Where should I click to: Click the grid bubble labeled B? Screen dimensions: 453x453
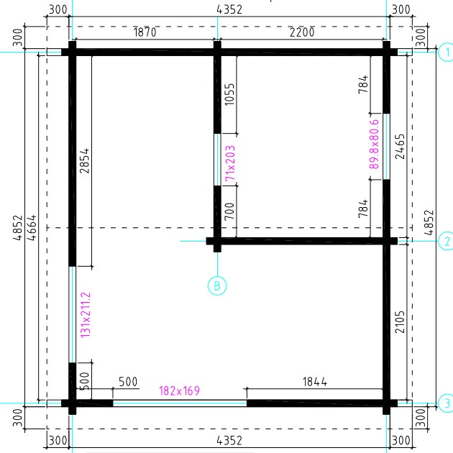pyautogui.click(x=217, y=285)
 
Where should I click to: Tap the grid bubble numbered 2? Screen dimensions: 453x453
pyautogui.click(x=447, y=241)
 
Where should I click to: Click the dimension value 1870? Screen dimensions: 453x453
pyautogui.click(x=145, y=32)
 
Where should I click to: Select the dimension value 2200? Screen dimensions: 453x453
pyautogui.click(x=302, y=32)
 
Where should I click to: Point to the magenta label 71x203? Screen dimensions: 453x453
pyautogui.click(x=230, y=163)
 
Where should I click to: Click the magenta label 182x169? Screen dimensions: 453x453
pyautogui.click(x=180, y=390)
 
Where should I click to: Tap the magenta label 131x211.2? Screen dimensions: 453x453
pyautogui.click(x=86, y=315)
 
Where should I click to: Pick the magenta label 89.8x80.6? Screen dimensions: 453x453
pyautogui.click(x=374, y=144)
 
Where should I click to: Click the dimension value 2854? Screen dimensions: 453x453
pyautogui.click(x=84, y=161)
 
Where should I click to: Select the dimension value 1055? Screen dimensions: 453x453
pyautogui.click(x=229, y=94)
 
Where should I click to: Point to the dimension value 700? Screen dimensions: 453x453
pyautogui.click(x=229, y=211)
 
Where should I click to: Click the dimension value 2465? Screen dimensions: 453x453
pyautogui.click(x=400, y=147)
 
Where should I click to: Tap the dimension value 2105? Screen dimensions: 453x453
pyautogui.click(x=400, y=322)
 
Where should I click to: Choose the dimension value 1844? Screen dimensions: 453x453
pyautogui.click(x=315, y=382)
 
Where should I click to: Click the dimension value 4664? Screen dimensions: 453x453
pyautogui.click(x=32, y=227)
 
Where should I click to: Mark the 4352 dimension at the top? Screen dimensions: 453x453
pyautogui.click(x=229, y=9)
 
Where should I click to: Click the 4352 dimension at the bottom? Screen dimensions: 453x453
pyautogui.click(x=229, y=441)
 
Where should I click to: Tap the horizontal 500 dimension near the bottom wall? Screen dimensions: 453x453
pyautogui.click(x=128, y=382)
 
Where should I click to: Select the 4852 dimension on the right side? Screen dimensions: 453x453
pyautogui.click(x=429, y=222)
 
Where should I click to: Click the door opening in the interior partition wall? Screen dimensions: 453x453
pyautogui.click(x=217, y=160)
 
